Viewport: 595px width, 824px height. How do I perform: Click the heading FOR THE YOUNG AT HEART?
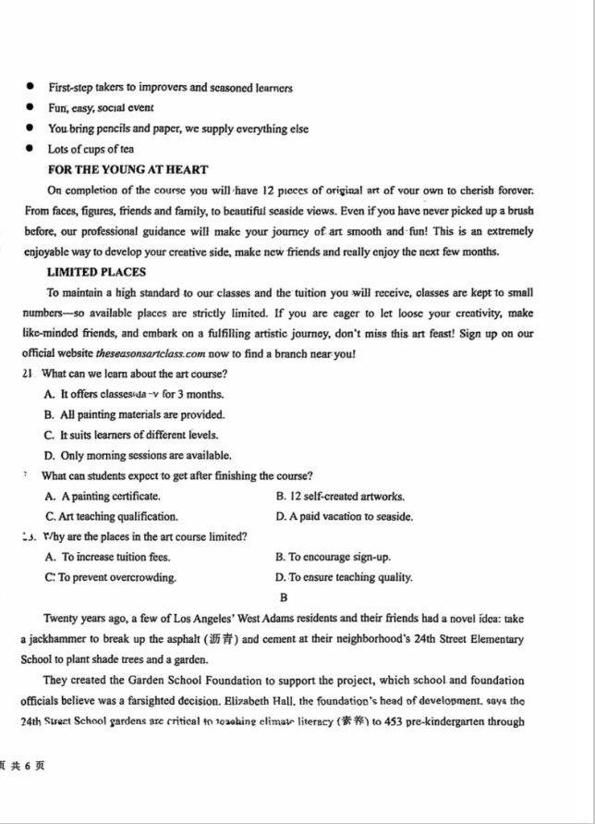point(127,170)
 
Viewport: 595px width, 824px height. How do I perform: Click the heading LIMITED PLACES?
point(96,272)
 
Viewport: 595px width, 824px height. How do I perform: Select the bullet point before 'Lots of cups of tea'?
point(29,149)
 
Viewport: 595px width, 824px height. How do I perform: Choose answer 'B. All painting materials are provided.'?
point(134,415)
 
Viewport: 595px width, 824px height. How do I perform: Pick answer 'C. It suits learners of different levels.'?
point(131,436)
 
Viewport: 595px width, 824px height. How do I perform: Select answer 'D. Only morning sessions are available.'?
point(137,456)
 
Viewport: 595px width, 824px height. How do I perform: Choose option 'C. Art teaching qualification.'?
point(111,517)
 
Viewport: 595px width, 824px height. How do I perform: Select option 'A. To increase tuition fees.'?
point(107,558)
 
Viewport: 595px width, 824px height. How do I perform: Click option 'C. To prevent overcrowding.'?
point(110,578)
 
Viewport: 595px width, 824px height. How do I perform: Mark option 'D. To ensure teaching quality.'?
point(344,578)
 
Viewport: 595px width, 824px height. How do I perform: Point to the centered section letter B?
point(284,598)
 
